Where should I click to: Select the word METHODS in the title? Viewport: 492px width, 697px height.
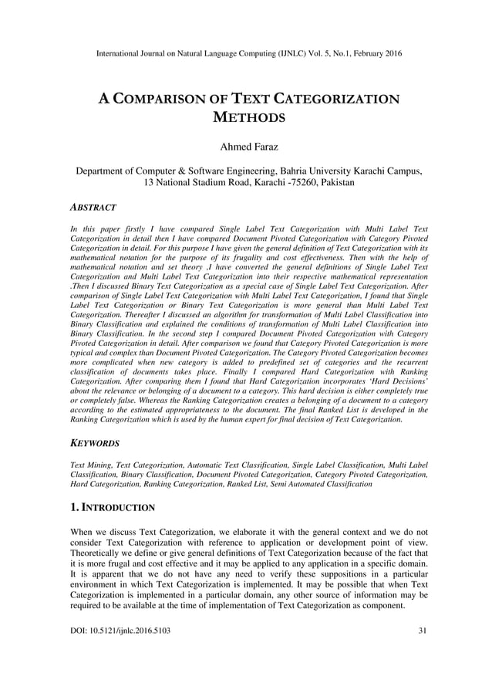coord(247,118)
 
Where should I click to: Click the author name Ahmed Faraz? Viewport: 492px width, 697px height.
coord(246,147)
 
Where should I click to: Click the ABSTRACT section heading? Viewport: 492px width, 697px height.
coord(93,208)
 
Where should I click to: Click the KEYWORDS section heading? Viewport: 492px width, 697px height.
coord(95,444)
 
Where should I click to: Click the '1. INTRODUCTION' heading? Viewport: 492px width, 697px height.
coord(113,507)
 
